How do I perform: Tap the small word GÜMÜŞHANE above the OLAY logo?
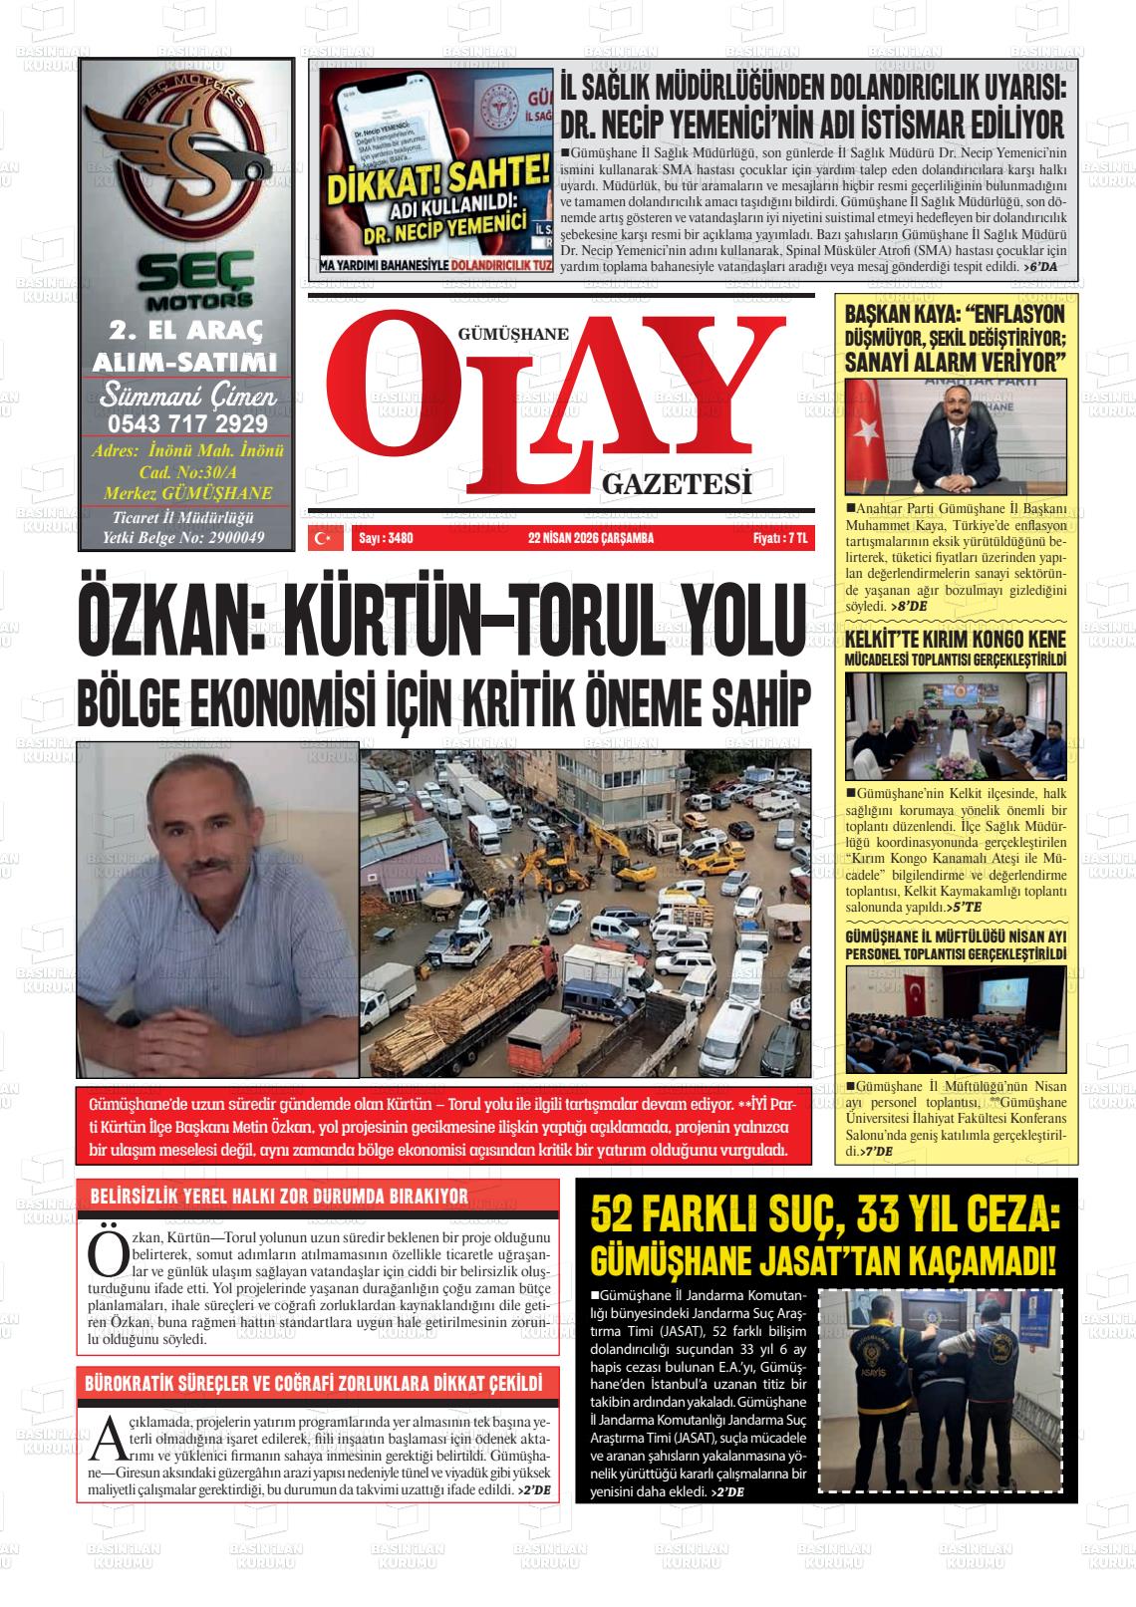[511, 336]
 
